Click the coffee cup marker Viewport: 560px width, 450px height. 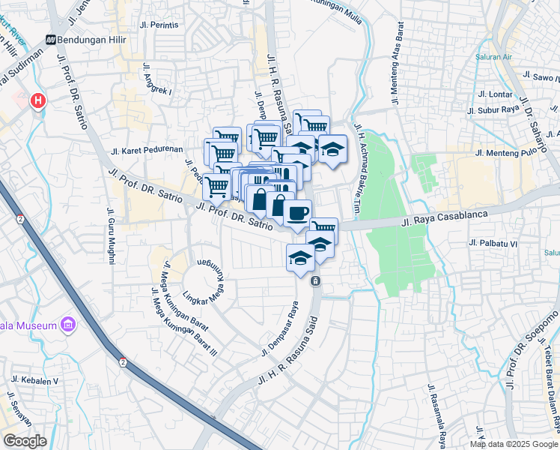coord(297,213)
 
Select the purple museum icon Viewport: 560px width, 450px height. coord(69,325)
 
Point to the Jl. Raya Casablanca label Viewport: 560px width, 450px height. coord(439,219)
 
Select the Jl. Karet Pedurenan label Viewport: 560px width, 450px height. coord(147,149)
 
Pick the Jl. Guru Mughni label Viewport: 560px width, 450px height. coord(111,235)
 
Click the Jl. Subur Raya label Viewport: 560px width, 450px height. coord(493,111)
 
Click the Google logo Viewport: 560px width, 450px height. coord(25,440)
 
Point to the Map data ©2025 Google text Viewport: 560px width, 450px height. coord(513,444)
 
